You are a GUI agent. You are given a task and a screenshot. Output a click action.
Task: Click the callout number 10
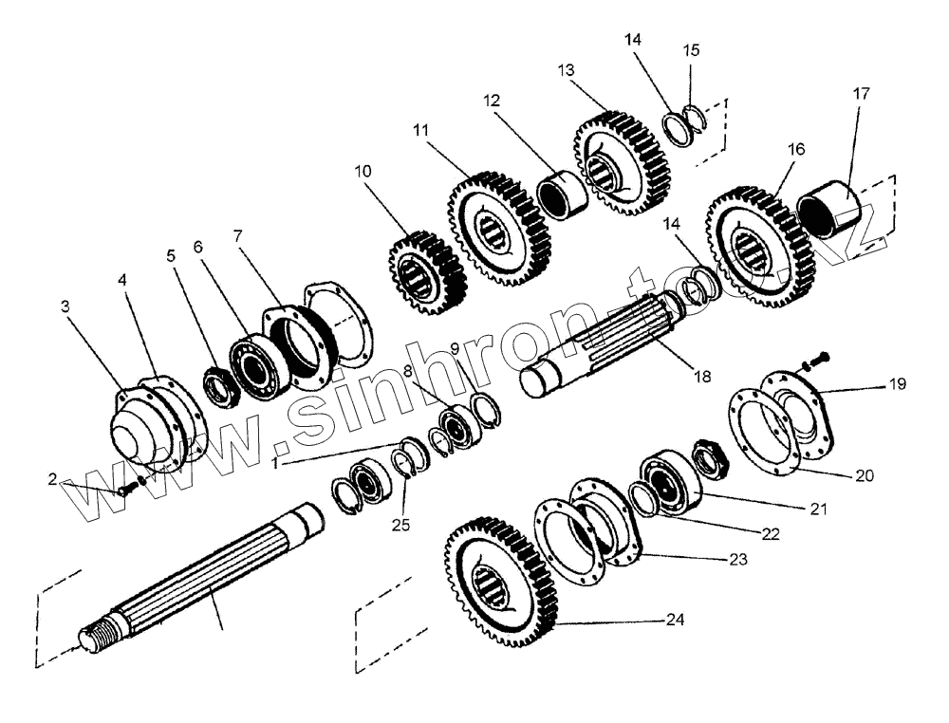click(364, 172)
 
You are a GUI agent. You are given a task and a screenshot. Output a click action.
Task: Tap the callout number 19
click(898, 384)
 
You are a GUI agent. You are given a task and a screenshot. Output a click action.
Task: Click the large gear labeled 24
click(499, 584)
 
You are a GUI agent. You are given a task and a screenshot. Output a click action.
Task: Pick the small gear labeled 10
click(426, 271)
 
